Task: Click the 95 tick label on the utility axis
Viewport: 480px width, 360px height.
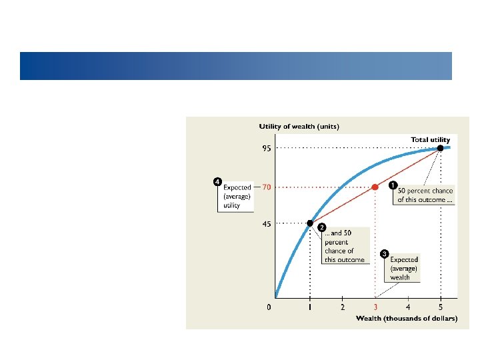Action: pyautogui.click(x=266, y=148)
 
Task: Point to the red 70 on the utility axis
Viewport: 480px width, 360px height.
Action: pyautogui.click(x=266, y=187)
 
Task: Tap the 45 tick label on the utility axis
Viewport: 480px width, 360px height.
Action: pyautogui.click(x=266, y=224)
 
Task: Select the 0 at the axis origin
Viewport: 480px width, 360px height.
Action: pyautogui.click(x=269, y=307)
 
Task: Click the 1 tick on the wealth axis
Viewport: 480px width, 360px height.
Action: pyautogui.click(x=310, y=307)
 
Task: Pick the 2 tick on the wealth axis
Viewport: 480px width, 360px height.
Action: pyautogui.click(x=343, y=307)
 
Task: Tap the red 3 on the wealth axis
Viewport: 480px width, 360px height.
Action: pyautogui.click(x=375, y=307)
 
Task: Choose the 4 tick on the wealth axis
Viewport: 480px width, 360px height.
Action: pyautogui.click(x=408, y=307)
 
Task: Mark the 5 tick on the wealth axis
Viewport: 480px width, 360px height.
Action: pyautogui.click(x=441, y=307)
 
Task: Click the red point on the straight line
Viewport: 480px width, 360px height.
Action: pyautogui.click(x=375, y=187)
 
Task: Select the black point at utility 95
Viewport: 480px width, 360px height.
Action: pyautogui.click(x=440, y=148)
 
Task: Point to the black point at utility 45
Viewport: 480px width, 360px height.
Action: pyautogui.click(x=310, y=223)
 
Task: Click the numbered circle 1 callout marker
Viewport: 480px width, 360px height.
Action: pyautogui.click(x=393, y=184)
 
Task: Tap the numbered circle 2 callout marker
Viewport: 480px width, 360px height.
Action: pyautogui.click(x=321, y=228)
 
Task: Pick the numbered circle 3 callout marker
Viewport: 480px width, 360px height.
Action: pyautogui.click(x=385, y=253)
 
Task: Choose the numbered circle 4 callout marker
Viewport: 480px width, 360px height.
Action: pyautogui.click(x=217, y=181)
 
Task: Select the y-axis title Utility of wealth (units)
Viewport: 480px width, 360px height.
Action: pyautogui.click(x=299, y=127)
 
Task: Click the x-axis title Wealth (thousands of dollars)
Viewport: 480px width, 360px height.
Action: pyautogui.click(x=407, y=319)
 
